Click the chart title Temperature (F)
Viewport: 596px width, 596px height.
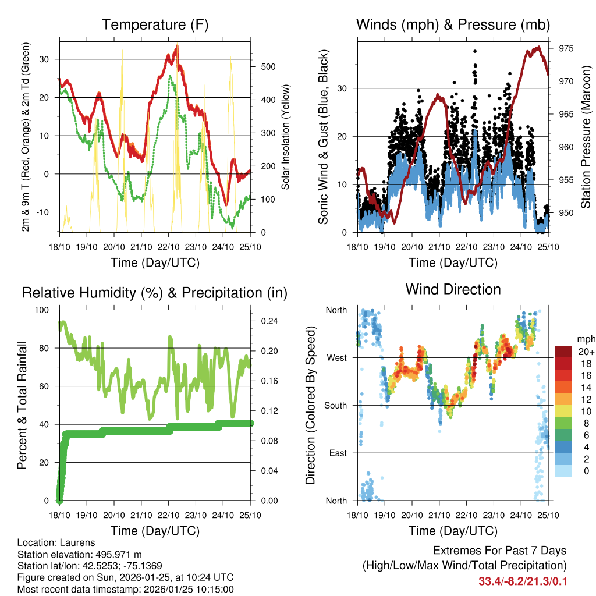155,25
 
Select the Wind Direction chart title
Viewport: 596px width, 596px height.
453,289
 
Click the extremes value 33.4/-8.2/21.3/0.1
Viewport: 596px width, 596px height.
522,581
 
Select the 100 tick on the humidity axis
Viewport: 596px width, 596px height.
43,310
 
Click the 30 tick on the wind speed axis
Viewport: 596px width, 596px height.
343,88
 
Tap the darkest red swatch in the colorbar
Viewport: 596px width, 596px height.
563,351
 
